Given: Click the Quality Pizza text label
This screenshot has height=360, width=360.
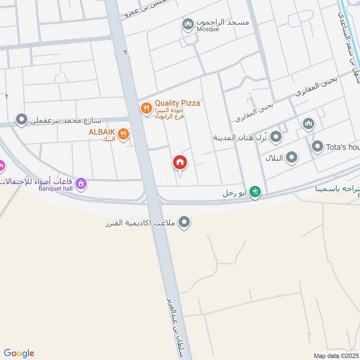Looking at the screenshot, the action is click(x=177, y=103).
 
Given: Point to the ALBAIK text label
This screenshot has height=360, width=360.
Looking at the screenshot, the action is click(x=103, y=131).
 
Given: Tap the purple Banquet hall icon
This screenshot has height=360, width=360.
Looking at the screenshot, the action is click(x=81, y=183).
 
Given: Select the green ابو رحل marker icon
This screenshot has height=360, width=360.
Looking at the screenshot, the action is click(x=255, y=192).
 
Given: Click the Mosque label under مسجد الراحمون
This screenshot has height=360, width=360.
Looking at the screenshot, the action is click(x=208, y=29).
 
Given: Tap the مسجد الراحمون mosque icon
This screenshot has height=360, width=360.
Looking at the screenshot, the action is click(x=188, y=24).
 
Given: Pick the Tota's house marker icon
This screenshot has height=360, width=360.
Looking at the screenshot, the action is click(x=318, y=146).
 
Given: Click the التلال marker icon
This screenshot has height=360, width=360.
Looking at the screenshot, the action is click(x=292, y=157).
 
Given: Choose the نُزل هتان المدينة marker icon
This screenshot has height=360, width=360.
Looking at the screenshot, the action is click(x=276, y=136).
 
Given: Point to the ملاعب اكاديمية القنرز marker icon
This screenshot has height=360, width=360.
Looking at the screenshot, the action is click(x=184, y=222).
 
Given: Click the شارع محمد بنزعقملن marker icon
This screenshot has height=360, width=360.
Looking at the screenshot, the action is click(x=21, y=120).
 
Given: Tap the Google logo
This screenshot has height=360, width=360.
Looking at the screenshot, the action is click(x=19, y=353).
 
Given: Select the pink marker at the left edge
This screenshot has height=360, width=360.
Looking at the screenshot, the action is click(x=1, y=166).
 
